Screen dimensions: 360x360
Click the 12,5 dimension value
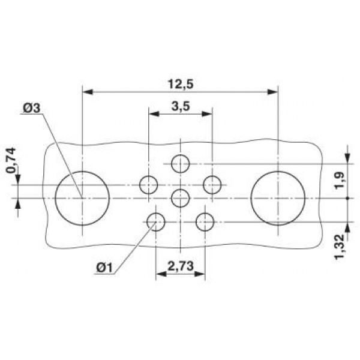181,84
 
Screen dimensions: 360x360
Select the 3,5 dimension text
181,107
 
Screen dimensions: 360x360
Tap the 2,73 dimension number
181,266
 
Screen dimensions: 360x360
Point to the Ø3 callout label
32,108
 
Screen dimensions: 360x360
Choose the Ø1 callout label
104,268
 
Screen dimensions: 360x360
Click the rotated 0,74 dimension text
11,161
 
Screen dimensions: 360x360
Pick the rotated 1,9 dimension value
339,180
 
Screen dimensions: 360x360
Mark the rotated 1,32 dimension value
340,247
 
